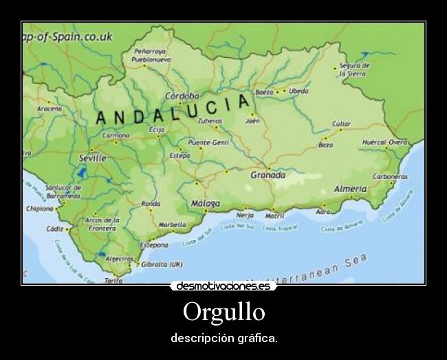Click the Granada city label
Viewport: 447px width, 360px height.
point(268,175)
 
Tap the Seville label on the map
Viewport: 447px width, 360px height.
point(92,158)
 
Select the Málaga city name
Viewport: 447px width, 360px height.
point(206,204)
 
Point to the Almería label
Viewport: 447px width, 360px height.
point(351,189)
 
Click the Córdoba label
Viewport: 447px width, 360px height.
point(182,96)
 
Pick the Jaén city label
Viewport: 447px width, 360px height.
point(252,121)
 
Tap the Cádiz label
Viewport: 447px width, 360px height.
point(55,229)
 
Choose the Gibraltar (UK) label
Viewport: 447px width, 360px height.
point(162,264)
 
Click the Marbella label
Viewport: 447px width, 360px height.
point(172,224)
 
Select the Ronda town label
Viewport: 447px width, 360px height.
point(151,204)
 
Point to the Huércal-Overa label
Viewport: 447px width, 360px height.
point(384,142)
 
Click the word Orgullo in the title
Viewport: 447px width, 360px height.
point(223,313)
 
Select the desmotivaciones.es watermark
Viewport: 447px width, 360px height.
point(223,286)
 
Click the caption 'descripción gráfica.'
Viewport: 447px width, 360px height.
point(223,339)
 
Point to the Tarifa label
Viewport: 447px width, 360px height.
point(113,281)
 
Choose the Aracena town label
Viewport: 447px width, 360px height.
point(50,109)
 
